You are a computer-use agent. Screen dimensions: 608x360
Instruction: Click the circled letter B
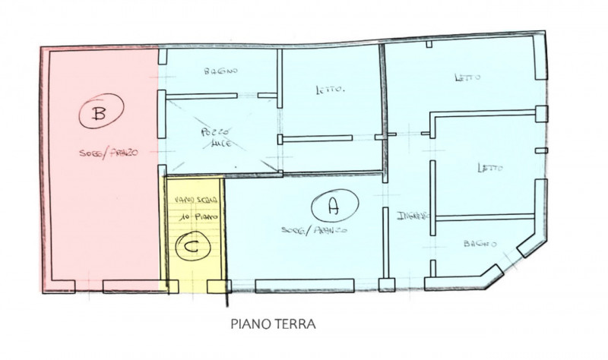tap(98, 115)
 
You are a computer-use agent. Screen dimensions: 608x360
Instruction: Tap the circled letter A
tap(331, 205)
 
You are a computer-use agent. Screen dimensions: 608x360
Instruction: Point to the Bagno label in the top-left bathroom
tap(221, 71)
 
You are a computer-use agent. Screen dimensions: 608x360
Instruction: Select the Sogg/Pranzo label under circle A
tap(314, 229)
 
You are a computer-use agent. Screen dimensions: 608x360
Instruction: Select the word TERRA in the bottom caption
tap(296, 324)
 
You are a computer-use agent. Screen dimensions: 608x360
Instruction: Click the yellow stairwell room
tap(195, 228)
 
